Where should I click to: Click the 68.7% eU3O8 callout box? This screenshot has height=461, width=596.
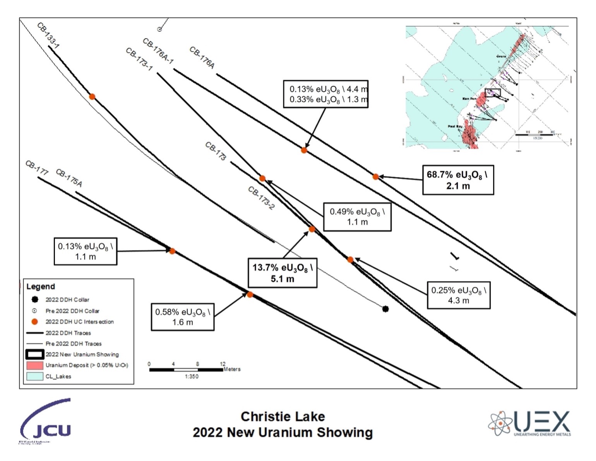458,180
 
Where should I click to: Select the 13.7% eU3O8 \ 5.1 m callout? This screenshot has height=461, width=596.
282,273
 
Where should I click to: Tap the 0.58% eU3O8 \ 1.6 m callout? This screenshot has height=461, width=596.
182,317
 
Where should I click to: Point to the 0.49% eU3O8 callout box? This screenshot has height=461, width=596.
357,217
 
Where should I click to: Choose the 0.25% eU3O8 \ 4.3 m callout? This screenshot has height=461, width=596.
459,295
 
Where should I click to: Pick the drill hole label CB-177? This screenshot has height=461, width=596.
37,168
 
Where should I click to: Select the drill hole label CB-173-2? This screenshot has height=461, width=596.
261,198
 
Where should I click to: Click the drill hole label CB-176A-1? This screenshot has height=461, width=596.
158,51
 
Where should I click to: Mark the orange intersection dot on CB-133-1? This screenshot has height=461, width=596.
92,97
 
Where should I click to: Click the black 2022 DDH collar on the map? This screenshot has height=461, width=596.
385,309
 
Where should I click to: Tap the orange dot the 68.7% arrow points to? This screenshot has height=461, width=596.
375,177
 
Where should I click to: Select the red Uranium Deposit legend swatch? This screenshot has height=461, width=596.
34,365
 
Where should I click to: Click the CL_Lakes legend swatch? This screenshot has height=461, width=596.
34,376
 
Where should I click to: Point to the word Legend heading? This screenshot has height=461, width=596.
41,286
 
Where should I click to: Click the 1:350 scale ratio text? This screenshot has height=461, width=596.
192,376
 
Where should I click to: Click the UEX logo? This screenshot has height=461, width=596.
529,423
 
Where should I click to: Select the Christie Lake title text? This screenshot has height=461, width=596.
283,417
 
